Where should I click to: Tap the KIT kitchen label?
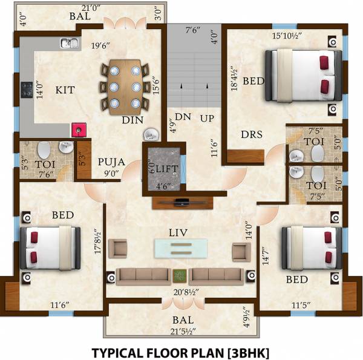pos(65,90)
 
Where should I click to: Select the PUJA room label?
pos(113,162)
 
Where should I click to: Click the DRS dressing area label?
pos(250,134)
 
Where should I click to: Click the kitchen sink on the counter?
pos(68,43)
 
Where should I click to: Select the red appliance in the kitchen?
pos(78,129)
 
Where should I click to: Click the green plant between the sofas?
pos(180,277)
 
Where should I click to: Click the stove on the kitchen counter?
pos(27,90)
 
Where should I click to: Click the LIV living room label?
pos(179,231)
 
